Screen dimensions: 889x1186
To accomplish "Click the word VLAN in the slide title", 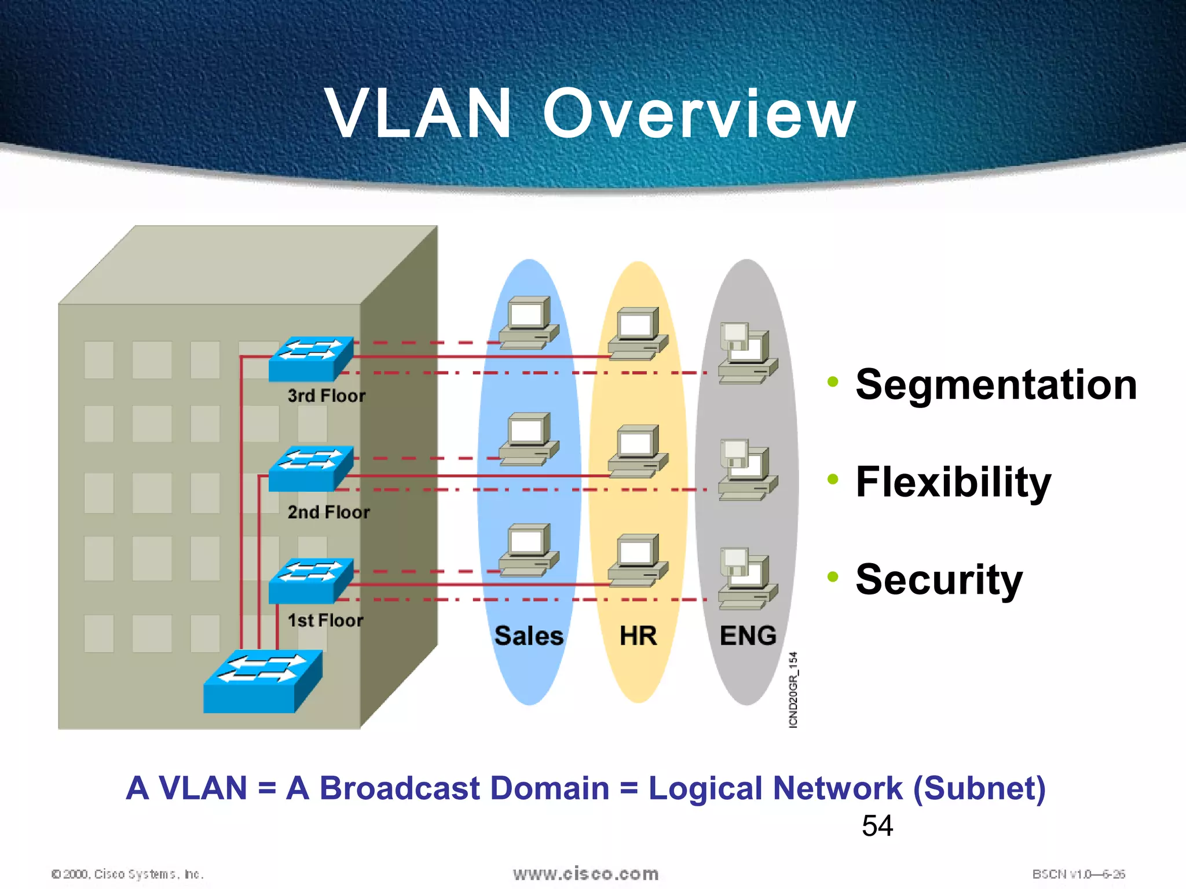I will point(418,113).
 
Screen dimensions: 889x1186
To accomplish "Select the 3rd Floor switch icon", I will point(311,358).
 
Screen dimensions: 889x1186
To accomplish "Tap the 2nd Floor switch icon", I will point(311,468).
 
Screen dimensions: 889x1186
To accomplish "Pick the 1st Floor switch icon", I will point(311,580).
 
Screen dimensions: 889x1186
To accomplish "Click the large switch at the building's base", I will point(262,681).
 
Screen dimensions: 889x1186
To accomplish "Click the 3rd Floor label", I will point(327,396).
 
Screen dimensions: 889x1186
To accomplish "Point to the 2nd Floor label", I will point(328,512).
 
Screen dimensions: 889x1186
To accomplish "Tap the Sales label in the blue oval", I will point(529,635).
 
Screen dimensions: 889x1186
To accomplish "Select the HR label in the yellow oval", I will point(638,635).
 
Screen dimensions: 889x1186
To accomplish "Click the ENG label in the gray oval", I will point(748,635).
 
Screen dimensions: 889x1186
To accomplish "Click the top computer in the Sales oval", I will point(529,323).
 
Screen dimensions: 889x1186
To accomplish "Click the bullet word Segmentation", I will point(996,385).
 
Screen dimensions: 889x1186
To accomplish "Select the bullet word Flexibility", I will point(953,482).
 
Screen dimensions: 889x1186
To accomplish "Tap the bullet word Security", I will point(939,579).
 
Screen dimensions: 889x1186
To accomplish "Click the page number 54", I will point(877,825).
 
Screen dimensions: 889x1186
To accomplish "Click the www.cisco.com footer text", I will point(585,873).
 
